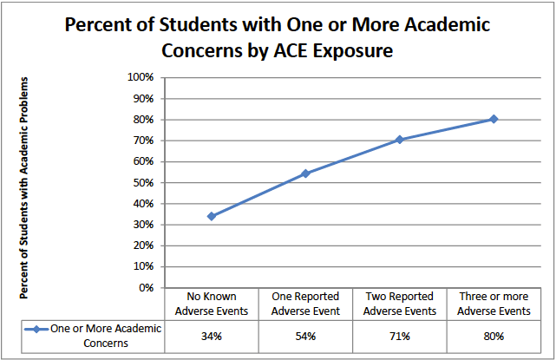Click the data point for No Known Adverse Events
click(212, 216)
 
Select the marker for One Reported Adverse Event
click(305, 173)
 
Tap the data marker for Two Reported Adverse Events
click(399, 140)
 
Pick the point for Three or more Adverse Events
click(494, 119)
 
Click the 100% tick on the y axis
click(141, 77)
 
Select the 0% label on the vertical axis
click(146, 287)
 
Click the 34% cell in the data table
click(212, 335)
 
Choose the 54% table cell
click(305, 335)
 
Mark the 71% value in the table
click(399, 335)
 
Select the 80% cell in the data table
click(494, 335)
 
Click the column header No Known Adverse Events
click(212, 304)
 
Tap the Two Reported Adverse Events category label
click(399, 304)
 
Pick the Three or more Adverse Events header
click(494, 304)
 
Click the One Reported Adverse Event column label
click(305, 304)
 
